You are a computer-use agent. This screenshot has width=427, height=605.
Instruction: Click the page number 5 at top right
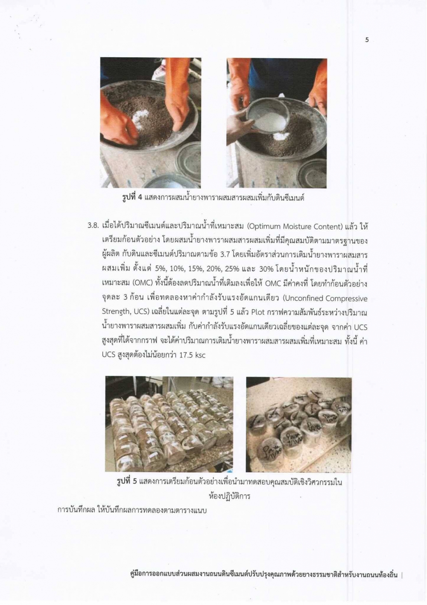tap(367, 40)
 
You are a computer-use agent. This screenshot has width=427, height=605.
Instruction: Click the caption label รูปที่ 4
tap(132, 197)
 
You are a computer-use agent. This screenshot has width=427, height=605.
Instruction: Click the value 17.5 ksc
tap(192, 355)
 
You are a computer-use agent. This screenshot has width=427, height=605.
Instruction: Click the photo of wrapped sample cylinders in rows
tap(169, 423)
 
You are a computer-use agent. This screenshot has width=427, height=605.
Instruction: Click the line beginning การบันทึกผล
tap(132, 511)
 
